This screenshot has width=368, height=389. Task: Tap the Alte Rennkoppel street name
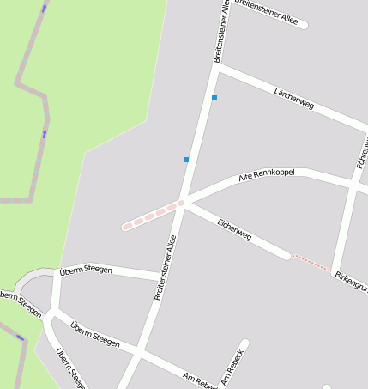pos(266,174)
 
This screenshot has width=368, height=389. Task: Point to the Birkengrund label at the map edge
pos(352,281)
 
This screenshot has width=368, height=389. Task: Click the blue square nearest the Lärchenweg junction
pos(214,98)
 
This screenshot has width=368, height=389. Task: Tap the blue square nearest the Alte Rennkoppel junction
pos(186,160)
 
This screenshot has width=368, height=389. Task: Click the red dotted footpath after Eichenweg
pos(311,263)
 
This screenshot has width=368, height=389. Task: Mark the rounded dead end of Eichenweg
pos(286,254)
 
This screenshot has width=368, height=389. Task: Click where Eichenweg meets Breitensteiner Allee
pos(184,203)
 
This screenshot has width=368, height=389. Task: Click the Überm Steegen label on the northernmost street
pos(86,270)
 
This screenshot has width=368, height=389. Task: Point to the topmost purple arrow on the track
pos(45,8)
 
